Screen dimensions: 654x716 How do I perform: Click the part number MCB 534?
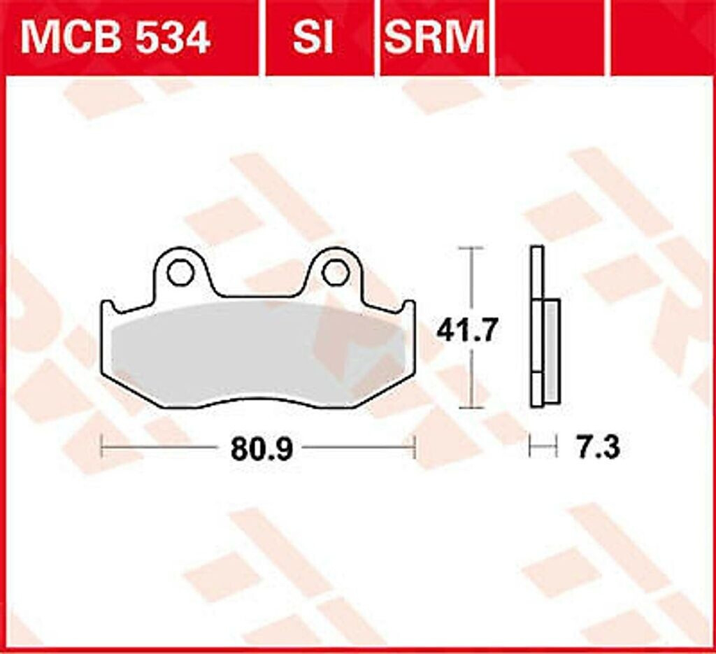pyautogui.click(x=115, y=38)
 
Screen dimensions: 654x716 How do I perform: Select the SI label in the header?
pyautogui.click(x=313, y=38)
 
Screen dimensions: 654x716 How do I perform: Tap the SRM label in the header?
pyautogui.click(x=434, y=38)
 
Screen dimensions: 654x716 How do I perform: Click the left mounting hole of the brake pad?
pyautogui.click(x=180, y=272)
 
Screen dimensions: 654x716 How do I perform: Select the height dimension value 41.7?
pyautogui.click(x=468, y=329)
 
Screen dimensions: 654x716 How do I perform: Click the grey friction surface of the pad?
pyautogui.click(x=259, y=353)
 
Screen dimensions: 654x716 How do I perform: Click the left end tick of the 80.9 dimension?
pyautogui.click(x=103, y=446)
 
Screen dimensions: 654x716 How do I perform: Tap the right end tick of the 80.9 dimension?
pyautogui.click(x=415, y=446)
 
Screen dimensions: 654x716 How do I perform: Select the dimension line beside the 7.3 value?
pyautogui.click(x=543, y=446)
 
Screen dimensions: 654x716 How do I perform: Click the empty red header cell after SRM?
pyautogui.click(x=550, y=38)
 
